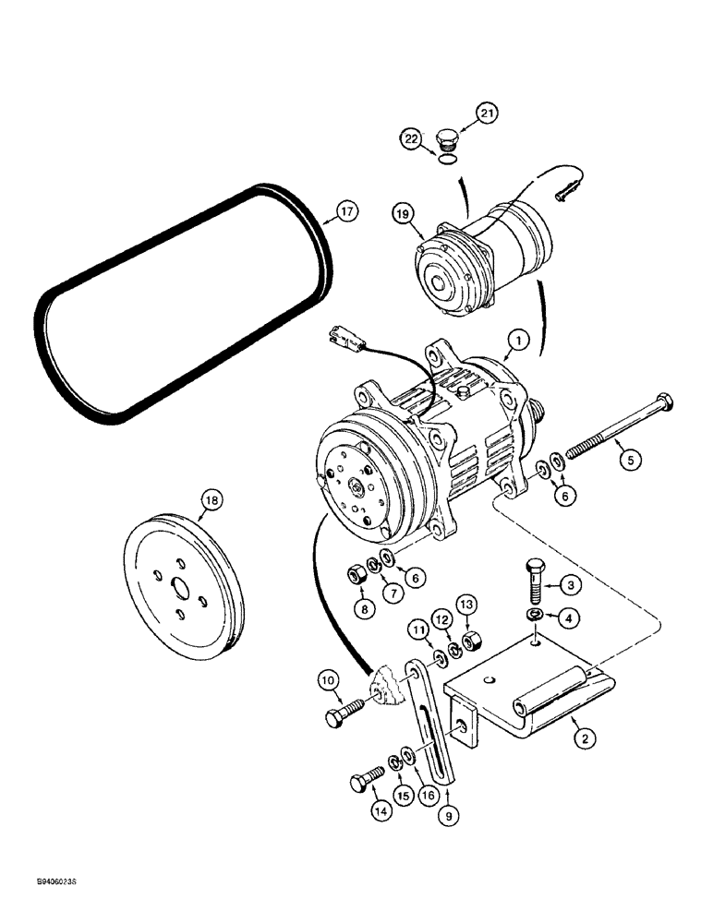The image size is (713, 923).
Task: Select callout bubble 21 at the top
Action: [487, 114]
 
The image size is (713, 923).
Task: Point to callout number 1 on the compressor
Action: [518, 342]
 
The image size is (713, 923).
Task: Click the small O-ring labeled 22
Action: [448, 161]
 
